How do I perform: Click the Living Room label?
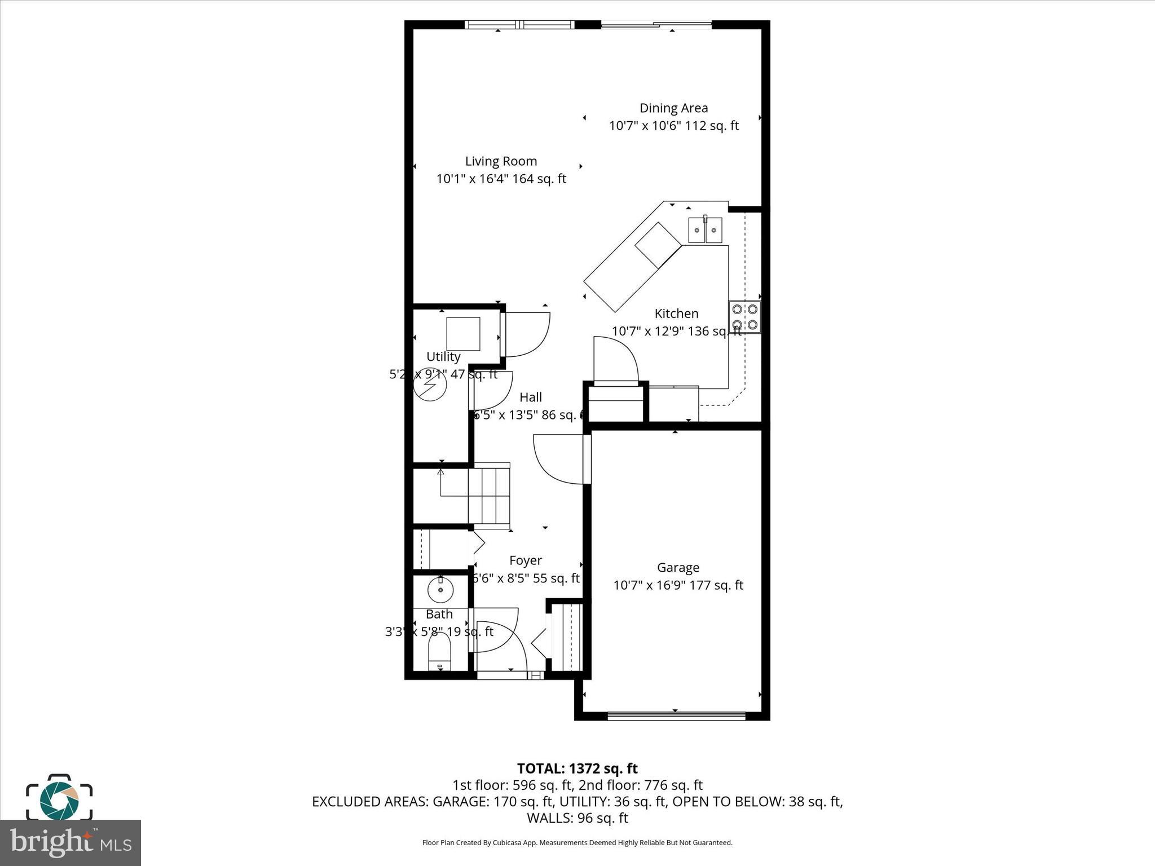501,161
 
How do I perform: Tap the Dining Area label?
673,108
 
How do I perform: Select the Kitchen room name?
676,313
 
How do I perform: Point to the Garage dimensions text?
678,585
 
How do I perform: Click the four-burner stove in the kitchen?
744,317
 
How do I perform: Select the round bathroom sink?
440,590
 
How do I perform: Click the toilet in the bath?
440,651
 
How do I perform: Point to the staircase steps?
489,494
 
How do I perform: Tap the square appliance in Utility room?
463,334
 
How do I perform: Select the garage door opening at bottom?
676,716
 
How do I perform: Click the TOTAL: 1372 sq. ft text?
577,768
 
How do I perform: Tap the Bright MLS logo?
70,842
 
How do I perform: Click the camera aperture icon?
59,799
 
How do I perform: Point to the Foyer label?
525,560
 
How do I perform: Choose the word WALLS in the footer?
549,818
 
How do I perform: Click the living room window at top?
519,24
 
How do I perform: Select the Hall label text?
530,397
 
